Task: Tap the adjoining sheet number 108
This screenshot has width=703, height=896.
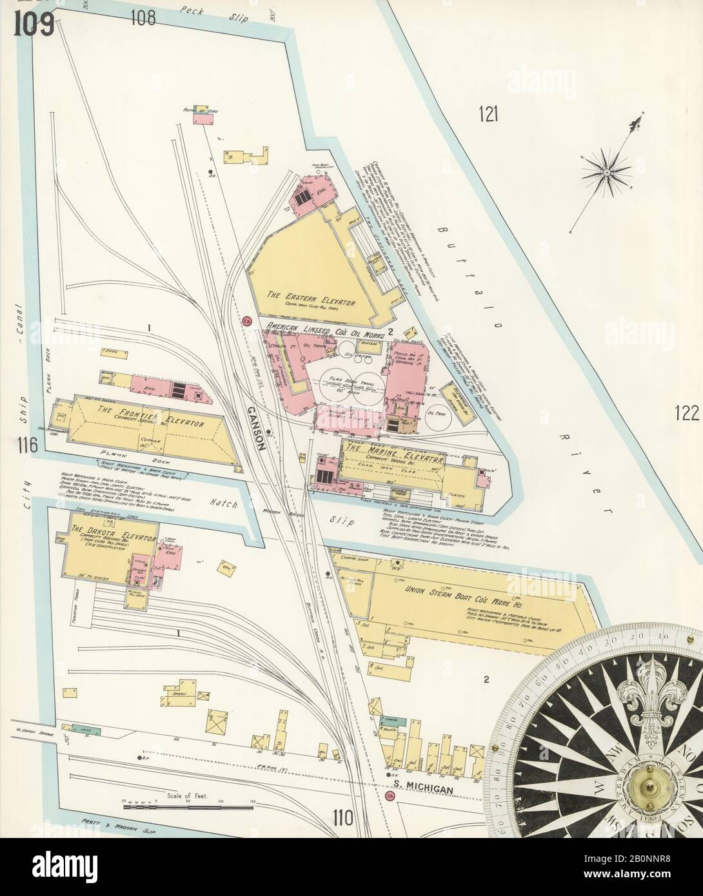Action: [143, 17]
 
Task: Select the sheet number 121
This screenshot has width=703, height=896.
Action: [490, 115]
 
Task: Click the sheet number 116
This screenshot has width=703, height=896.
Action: [30, 445]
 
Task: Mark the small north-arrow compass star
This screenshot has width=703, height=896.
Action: [608, 172]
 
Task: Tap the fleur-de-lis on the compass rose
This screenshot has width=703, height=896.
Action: [647, 695]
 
